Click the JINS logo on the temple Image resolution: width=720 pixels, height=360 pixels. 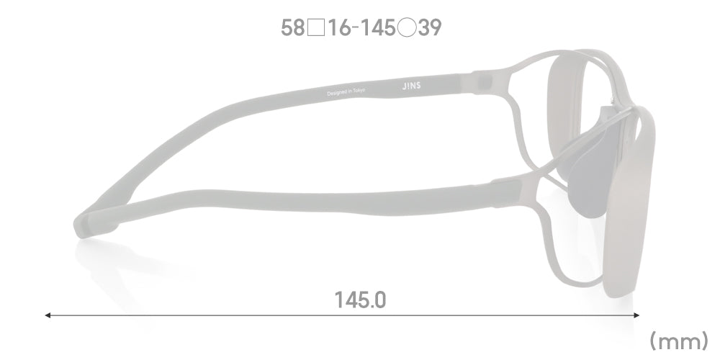pyautogui.click(x=411, y=86)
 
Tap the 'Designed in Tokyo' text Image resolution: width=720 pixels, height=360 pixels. pyautogui.click(x=346, y=92)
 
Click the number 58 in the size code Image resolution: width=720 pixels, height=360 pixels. pyautogui.click(x=292, y=28)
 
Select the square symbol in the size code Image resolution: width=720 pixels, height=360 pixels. pyautogui.click(x=316, y=28)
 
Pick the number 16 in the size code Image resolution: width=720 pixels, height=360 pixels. pyautogui.click(x=340, y=28)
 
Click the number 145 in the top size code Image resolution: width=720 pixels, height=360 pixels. pyautogui.click(x=377, y=28)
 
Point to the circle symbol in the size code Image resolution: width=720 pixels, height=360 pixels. pyautogui.click(x=407, y=28)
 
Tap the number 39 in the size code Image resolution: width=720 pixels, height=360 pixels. pyautogui.click(x=430, y=28)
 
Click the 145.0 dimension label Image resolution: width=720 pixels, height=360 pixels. pyautogui.click(x=361, y=300)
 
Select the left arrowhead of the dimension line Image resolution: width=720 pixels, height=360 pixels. pyautogui.click(x=48, y=315)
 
